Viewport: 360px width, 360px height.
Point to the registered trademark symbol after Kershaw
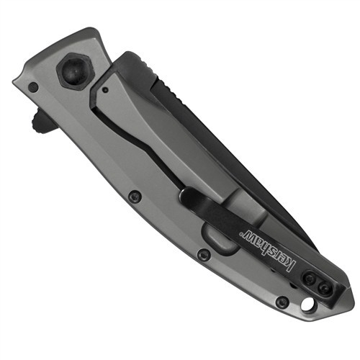(x=240, y=233)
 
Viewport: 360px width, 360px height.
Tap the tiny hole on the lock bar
(x=104, y=90)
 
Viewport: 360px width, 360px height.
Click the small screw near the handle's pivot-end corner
(x=33, y=86)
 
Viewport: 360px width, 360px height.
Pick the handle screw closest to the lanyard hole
(x=282, y=303)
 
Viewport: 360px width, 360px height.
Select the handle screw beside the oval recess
(x=204, y=255)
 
